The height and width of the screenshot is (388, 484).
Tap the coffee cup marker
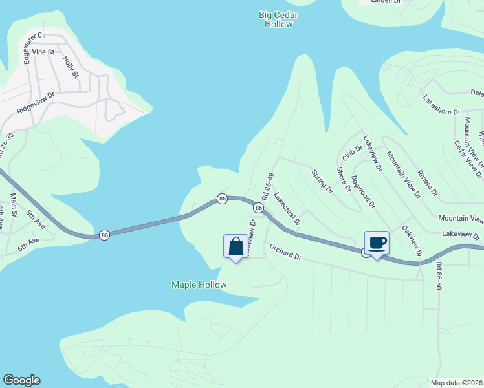click(x=377, y=244)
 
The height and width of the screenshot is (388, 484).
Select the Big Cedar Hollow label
click(x=276, y=19)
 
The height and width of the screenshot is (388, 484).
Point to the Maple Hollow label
click(x=199, y=285)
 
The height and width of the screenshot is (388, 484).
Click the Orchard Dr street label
click(x=286, y=252)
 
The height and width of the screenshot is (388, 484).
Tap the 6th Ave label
click(x=29, y=241)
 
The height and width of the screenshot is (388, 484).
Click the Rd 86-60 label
click(x=439, y=275)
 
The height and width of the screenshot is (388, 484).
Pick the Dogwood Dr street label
click(x=363, y=191)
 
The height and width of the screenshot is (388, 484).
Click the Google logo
click(x=21, y=380)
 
